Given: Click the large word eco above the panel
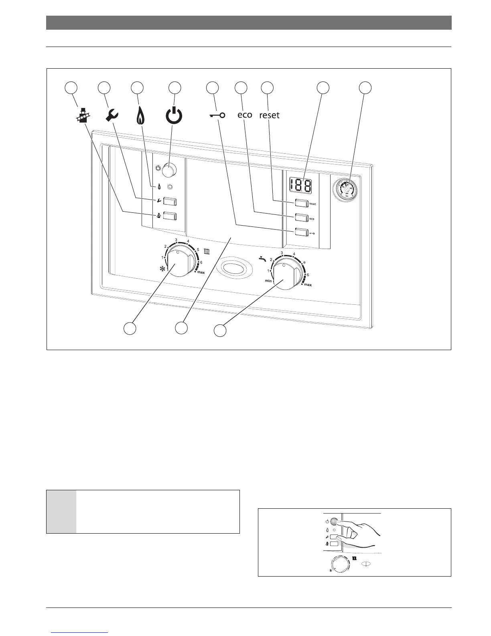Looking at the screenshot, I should (x=245, y=115).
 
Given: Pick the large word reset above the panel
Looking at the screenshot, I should (x=269, y=115).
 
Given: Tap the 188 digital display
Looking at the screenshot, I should (x=301, y=185).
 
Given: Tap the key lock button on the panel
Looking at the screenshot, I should (x=301, y=232).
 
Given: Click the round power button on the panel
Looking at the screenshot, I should (x=168, y=170).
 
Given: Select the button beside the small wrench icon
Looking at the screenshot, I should (x=170, y=201).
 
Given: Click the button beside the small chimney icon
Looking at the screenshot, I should (x=170, y=216).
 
